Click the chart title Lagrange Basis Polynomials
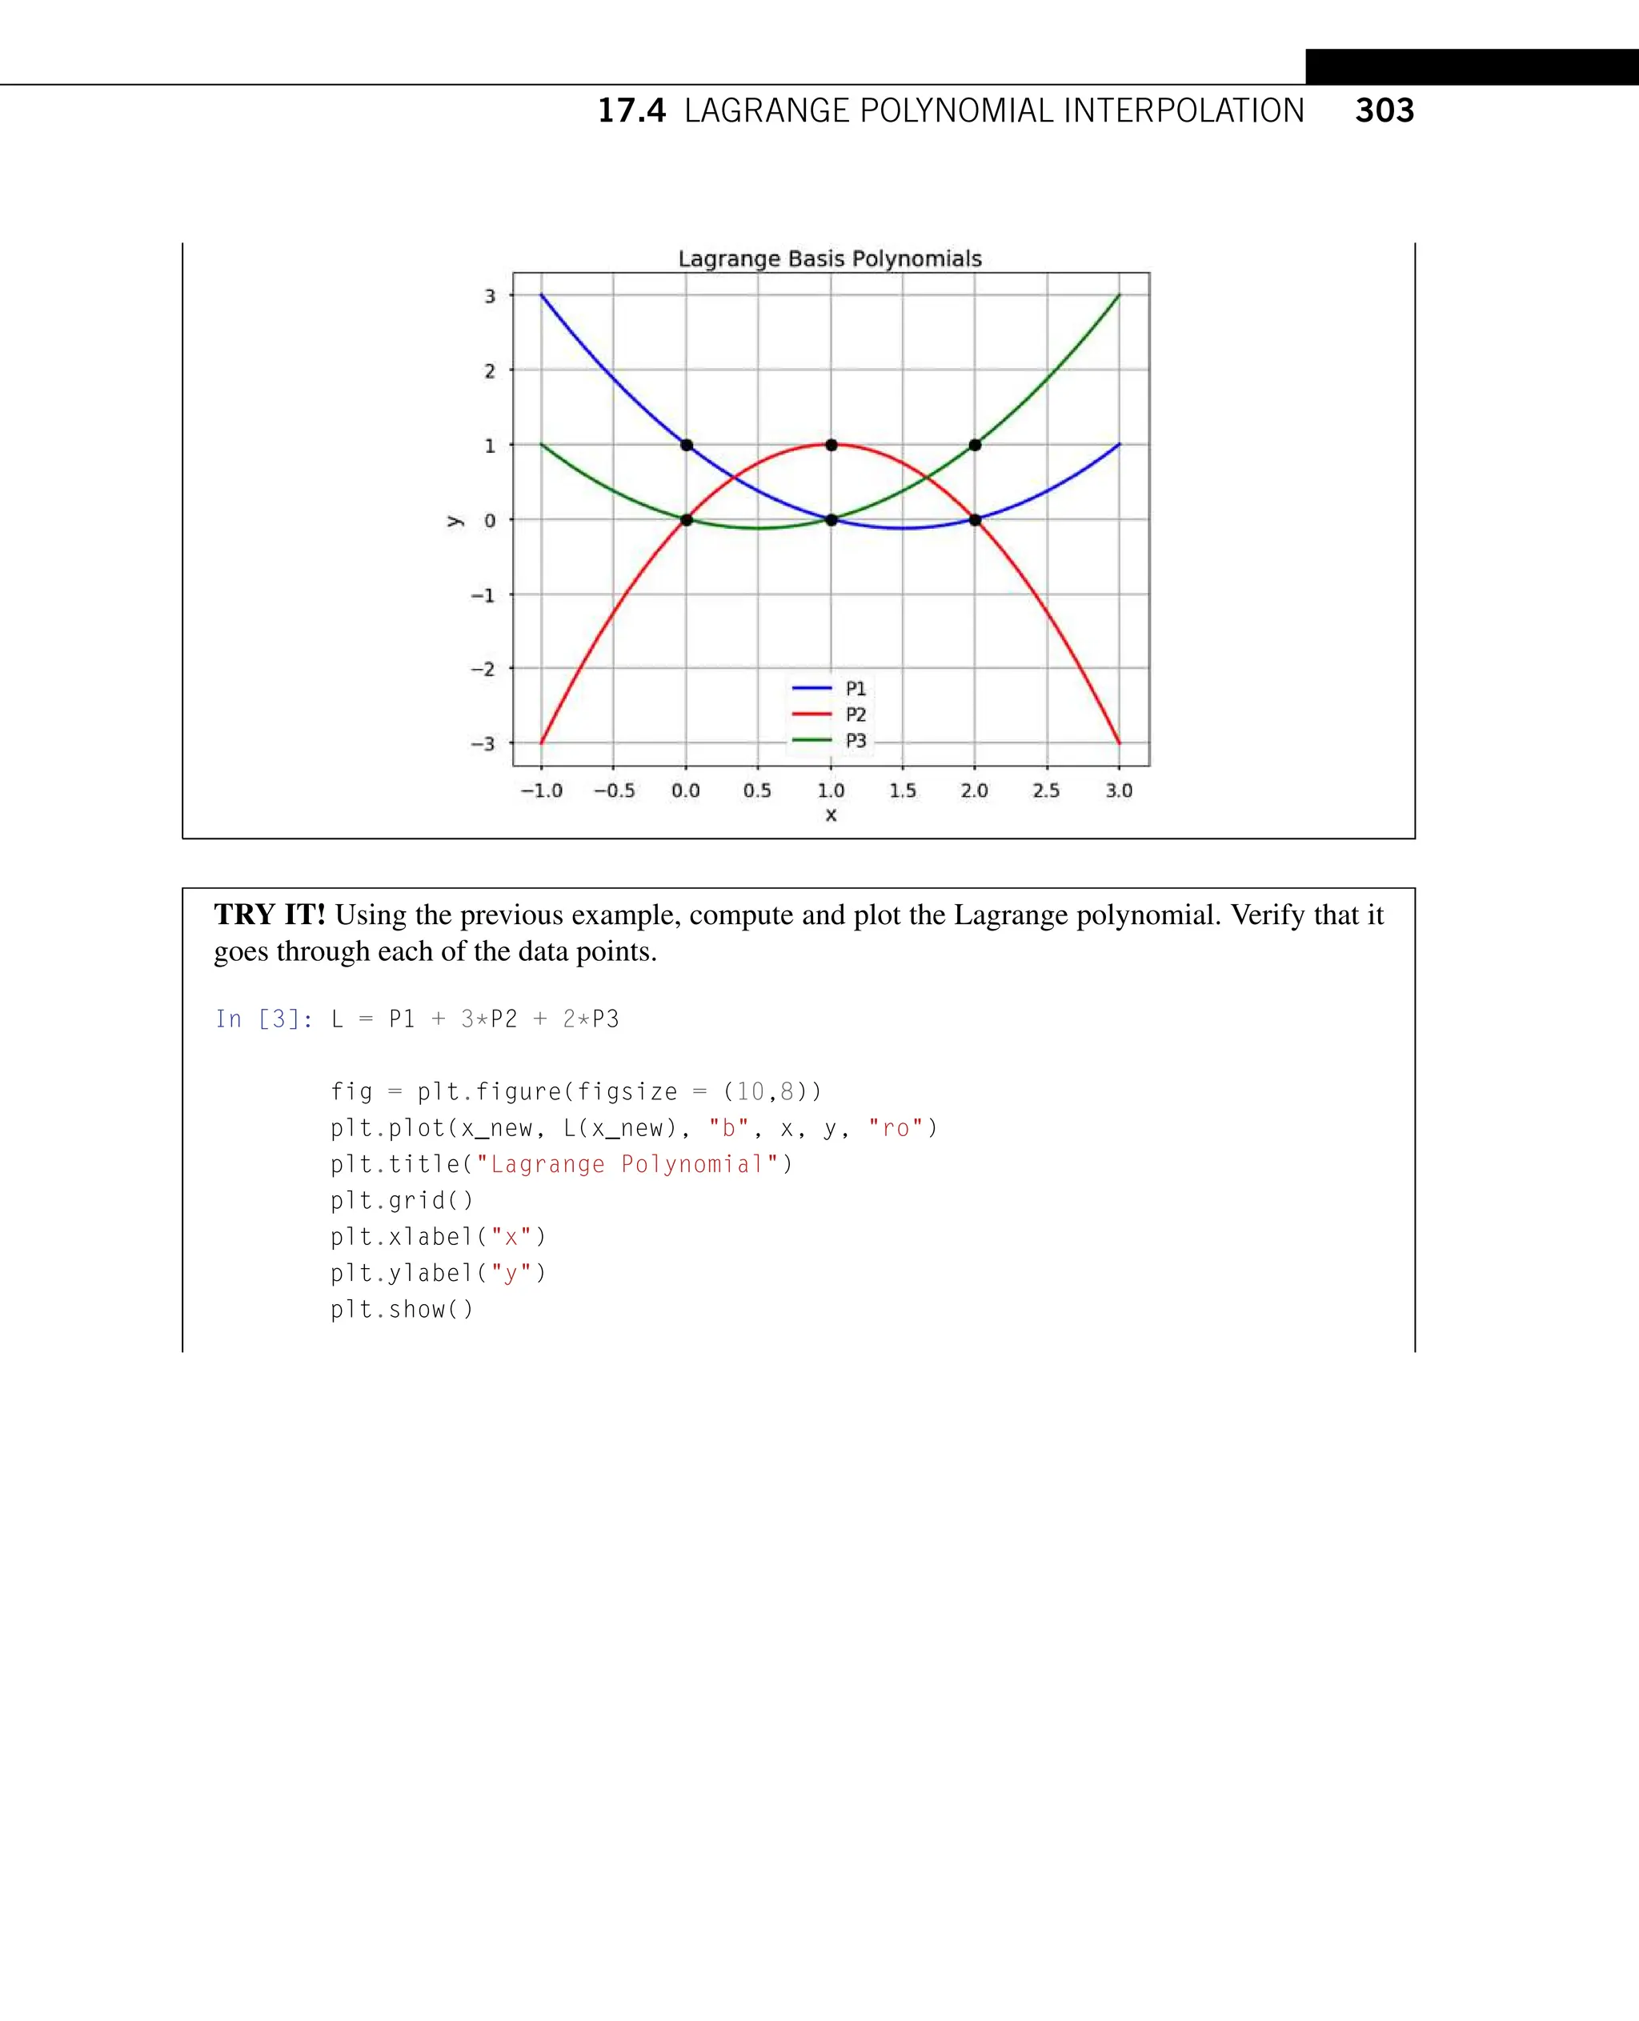(x=830, y=258)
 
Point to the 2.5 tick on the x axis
(x=1046, y=791)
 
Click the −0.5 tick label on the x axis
(x=614, y=791)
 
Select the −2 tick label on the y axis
(x=483, y=669)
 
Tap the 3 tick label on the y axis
(x=490, y=296)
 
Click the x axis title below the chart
(x=831, y=815)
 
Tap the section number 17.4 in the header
(x=631, y=111)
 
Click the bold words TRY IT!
(x=269, y=914)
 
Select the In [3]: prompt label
(x=263, y=1019)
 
